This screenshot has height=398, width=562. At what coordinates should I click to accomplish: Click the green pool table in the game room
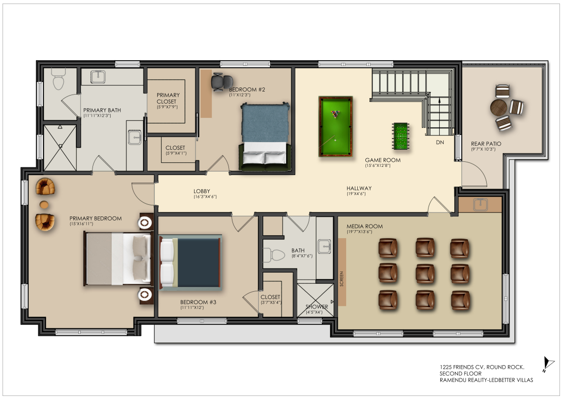(x=336, y=126)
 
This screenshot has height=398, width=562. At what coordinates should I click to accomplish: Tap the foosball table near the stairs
(x=401, y=136)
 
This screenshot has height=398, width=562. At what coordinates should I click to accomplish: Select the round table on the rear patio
(x=498, y=107)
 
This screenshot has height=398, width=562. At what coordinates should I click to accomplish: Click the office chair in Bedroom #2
(x=219, y=82)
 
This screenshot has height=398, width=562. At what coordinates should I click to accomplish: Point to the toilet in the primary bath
(x=59, y=79)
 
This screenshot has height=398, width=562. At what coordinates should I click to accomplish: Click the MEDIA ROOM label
(x=364, y=226)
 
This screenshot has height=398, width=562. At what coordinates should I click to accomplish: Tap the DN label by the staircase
(x=440, y=142)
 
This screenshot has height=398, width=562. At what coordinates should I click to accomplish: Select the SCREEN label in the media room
(x=342, y=279)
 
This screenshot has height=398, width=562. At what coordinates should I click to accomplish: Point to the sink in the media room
(x=480, y=204)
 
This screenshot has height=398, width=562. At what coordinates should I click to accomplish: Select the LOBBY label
(x=202, y=191)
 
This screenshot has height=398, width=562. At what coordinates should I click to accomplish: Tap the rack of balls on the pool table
(x=336, y=114)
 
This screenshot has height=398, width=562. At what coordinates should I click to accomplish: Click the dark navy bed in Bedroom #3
(x=190, y=262)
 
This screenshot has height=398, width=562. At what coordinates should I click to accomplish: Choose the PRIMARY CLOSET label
(x=167, y=98)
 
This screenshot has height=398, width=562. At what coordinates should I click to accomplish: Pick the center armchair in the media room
(x=425, y=273)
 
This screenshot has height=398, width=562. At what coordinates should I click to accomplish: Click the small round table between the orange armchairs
(x=44, y=204)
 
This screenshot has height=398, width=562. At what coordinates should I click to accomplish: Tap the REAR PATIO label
(x=486, y=144)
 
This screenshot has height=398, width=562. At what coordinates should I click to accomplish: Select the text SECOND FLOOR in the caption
(x=460, y=374)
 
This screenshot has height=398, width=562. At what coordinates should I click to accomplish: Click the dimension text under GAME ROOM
(x=378, y=166)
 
